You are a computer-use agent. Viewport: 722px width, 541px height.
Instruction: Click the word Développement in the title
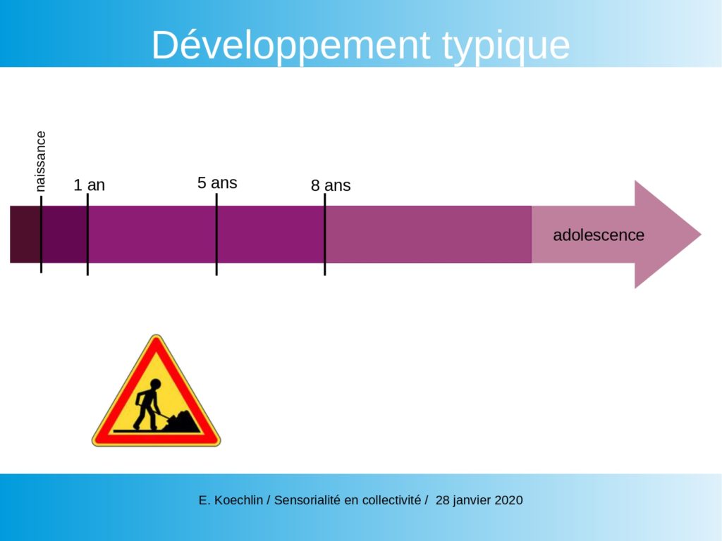(290, 45)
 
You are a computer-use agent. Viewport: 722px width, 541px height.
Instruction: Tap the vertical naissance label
(40, 161)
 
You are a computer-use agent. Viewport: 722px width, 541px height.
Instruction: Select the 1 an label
(90, 185)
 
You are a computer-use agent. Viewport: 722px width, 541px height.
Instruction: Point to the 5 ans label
(217, 182)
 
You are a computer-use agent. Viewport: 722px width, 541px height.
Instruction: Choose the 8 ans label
(331, 185)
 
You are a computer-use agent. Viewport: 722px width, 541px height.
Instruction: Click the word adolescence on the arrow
(599, 235)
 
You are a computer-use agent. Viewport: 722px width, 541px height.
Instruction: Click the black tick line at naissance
(41, 235)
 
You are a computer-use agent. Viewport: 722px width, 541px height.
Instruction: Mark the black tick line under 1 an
(87, 235)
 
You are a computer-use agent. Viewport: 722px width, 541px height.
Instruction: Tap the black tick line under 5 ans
(216, 235)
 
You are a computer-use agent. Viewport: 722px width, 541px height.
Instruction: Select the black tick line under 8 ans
(324, 235)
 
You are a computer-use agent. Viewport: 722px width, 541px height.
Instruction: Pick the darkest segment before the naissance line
(25, 235)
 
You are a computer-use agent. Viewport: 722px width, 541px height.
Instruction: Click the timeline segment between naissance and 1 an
(64, 235)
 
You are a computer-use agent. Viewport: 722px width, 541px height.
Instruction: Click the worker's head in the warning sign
(155, 384)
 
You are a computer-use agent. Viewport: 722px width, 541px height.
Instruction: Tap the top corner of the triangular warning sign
(157, 335)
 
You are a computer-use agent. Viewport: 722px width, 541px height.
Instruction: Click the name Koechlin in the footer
(238, 500)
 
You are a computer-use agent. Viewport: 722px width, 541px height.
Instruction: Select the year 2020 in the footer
(508, 500)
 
